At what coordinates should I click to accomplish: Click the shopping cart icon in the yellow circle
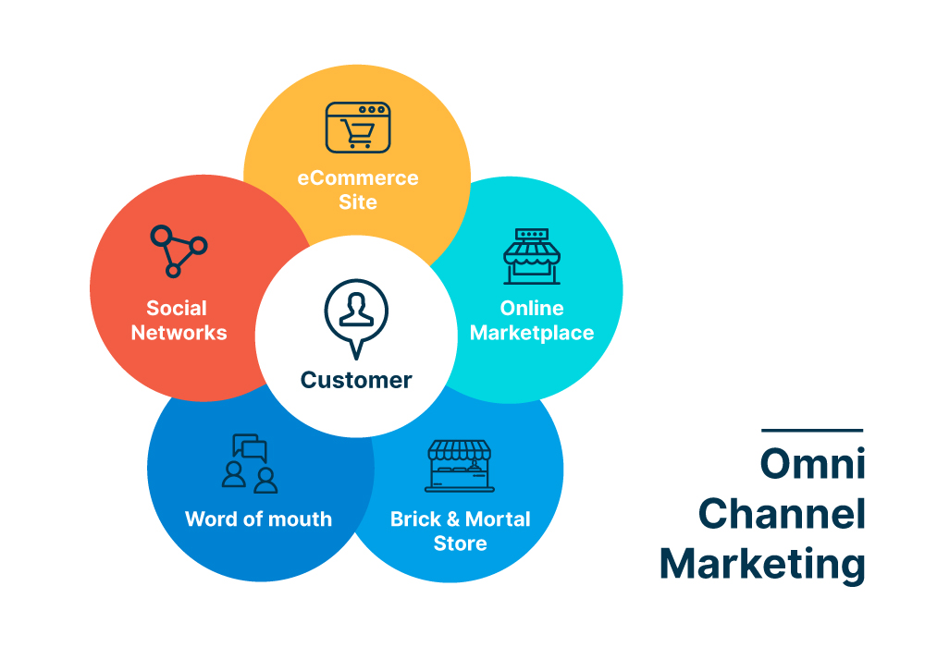tap(358, 128)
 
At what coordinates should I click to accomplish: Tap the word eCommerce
tap(358, 177)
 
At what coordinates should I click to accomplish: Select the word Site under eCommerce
tap(358, 201)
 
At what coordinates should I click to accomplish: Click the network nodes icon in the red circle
tap(178, 250)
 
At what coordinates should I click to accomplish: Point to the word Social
tap(177, 308)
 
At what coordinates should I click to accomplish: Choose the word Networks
tap(179, 333)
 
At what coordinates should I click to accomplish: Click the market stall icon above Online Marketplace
tap(532, 257)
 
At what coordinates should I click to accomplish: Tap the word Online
tap(532, 308)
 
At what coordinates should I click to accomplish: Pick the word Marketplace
tap(532, 333)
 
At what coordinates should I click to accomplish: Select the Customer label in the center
tap(356, 379)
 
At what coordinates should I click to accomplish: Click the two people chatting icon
tap(250, 463)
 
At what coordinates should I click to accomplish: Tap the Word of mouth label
tap(258, 519)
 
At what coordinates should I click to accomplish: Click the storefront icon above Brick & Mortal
tap(460, 465)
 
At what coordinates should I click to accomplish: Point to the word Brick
tap(415, 519)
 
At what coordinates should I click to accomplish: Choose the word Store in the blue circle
tap(460, 543)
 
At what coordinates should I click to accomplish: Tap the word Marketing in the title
tap(762, 563)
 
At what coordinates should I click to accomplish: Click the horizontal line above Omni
tap(812, 431)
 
